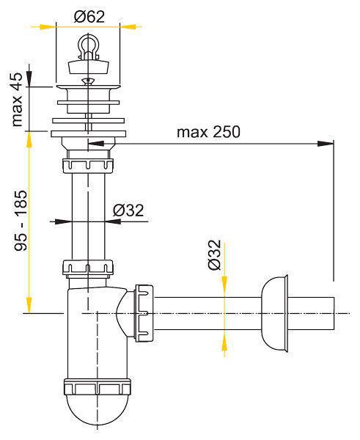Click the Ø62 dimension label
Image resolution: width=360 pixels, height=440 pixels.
tap(89, 17)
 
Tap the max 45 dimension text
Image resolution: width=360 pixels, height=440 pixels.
tap(16, 100)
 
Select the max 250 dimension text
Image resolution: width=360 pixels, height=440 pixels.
tap(208, 132)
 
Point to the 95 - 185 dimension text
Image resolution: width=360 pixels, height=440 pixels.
tap(21, 220)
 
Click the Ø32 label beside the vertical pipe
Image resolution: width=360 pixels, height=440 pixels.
tap(128, 210)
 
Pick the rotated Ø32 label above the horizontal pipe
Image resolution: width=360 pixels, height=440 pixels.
tap(215, 254)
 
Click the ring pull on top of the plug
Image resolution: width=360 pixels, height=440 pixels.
tap(89, 45)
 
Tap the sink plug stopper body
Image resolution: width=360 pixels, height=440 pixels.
tap(89, 66)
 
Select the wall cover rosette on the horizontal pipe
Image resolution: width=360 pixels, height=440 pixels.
tap(275, 313)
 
